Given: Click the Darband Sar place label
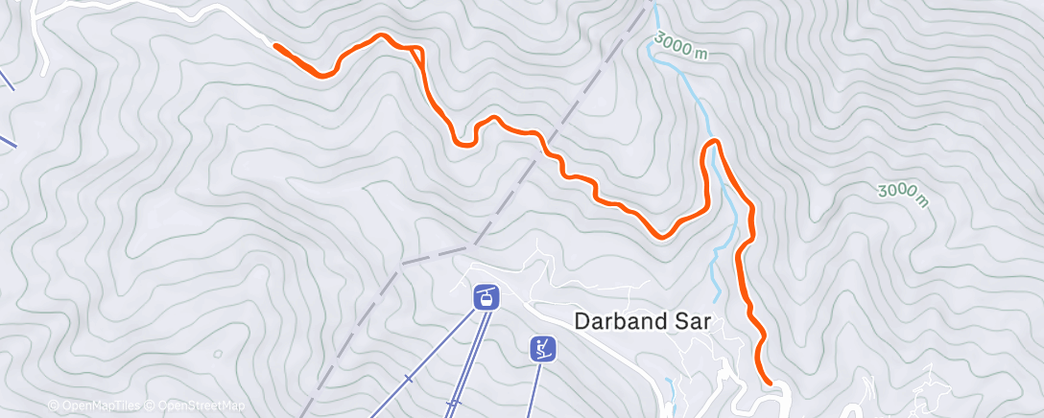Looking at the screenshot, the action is click(x=642, y=321).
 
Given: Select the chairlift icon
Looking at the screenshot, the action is click(x=544, y=348).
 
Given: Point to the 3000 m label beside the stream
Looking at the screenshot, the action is click(x=682, y=46).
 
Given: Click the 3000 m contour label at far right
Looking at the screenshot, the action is click(x=904, y=194).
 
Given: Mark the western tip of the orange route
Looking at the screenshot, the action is click(x=276, y=45).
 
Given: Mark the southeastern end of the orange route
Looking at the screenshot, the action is click(x=769, y=383).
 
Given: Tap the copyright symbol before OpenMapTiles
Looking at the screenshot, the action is click(x=54, y=406).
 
